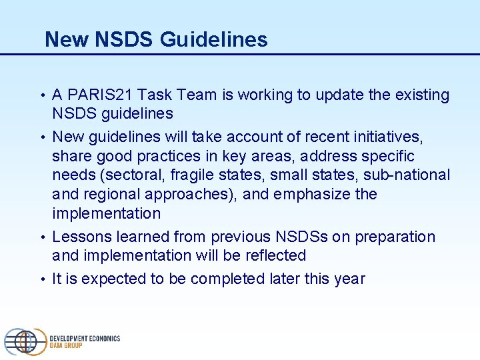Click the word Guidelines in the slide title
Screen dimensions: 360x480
point(214,40)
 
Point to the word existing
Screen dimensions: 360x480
point(421,95)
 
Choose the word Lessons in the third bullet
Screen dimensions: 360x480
point(79,237)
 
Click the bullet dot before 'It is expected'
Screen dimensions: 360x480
point(43,279)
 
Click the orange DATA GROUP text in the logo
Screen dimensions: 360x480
point(66,345)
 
